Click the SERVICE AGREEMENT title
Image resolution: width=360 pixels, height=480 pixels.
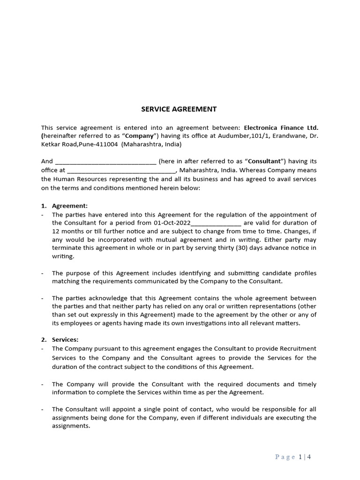[179, 109]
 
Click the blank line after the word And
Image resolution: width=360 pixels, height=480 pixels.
[105, 162]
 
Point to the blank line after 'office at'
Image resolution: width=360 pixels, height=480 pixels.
[121, 171]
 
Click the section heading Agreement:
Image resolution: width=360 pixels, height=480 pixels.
[70, 205]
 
